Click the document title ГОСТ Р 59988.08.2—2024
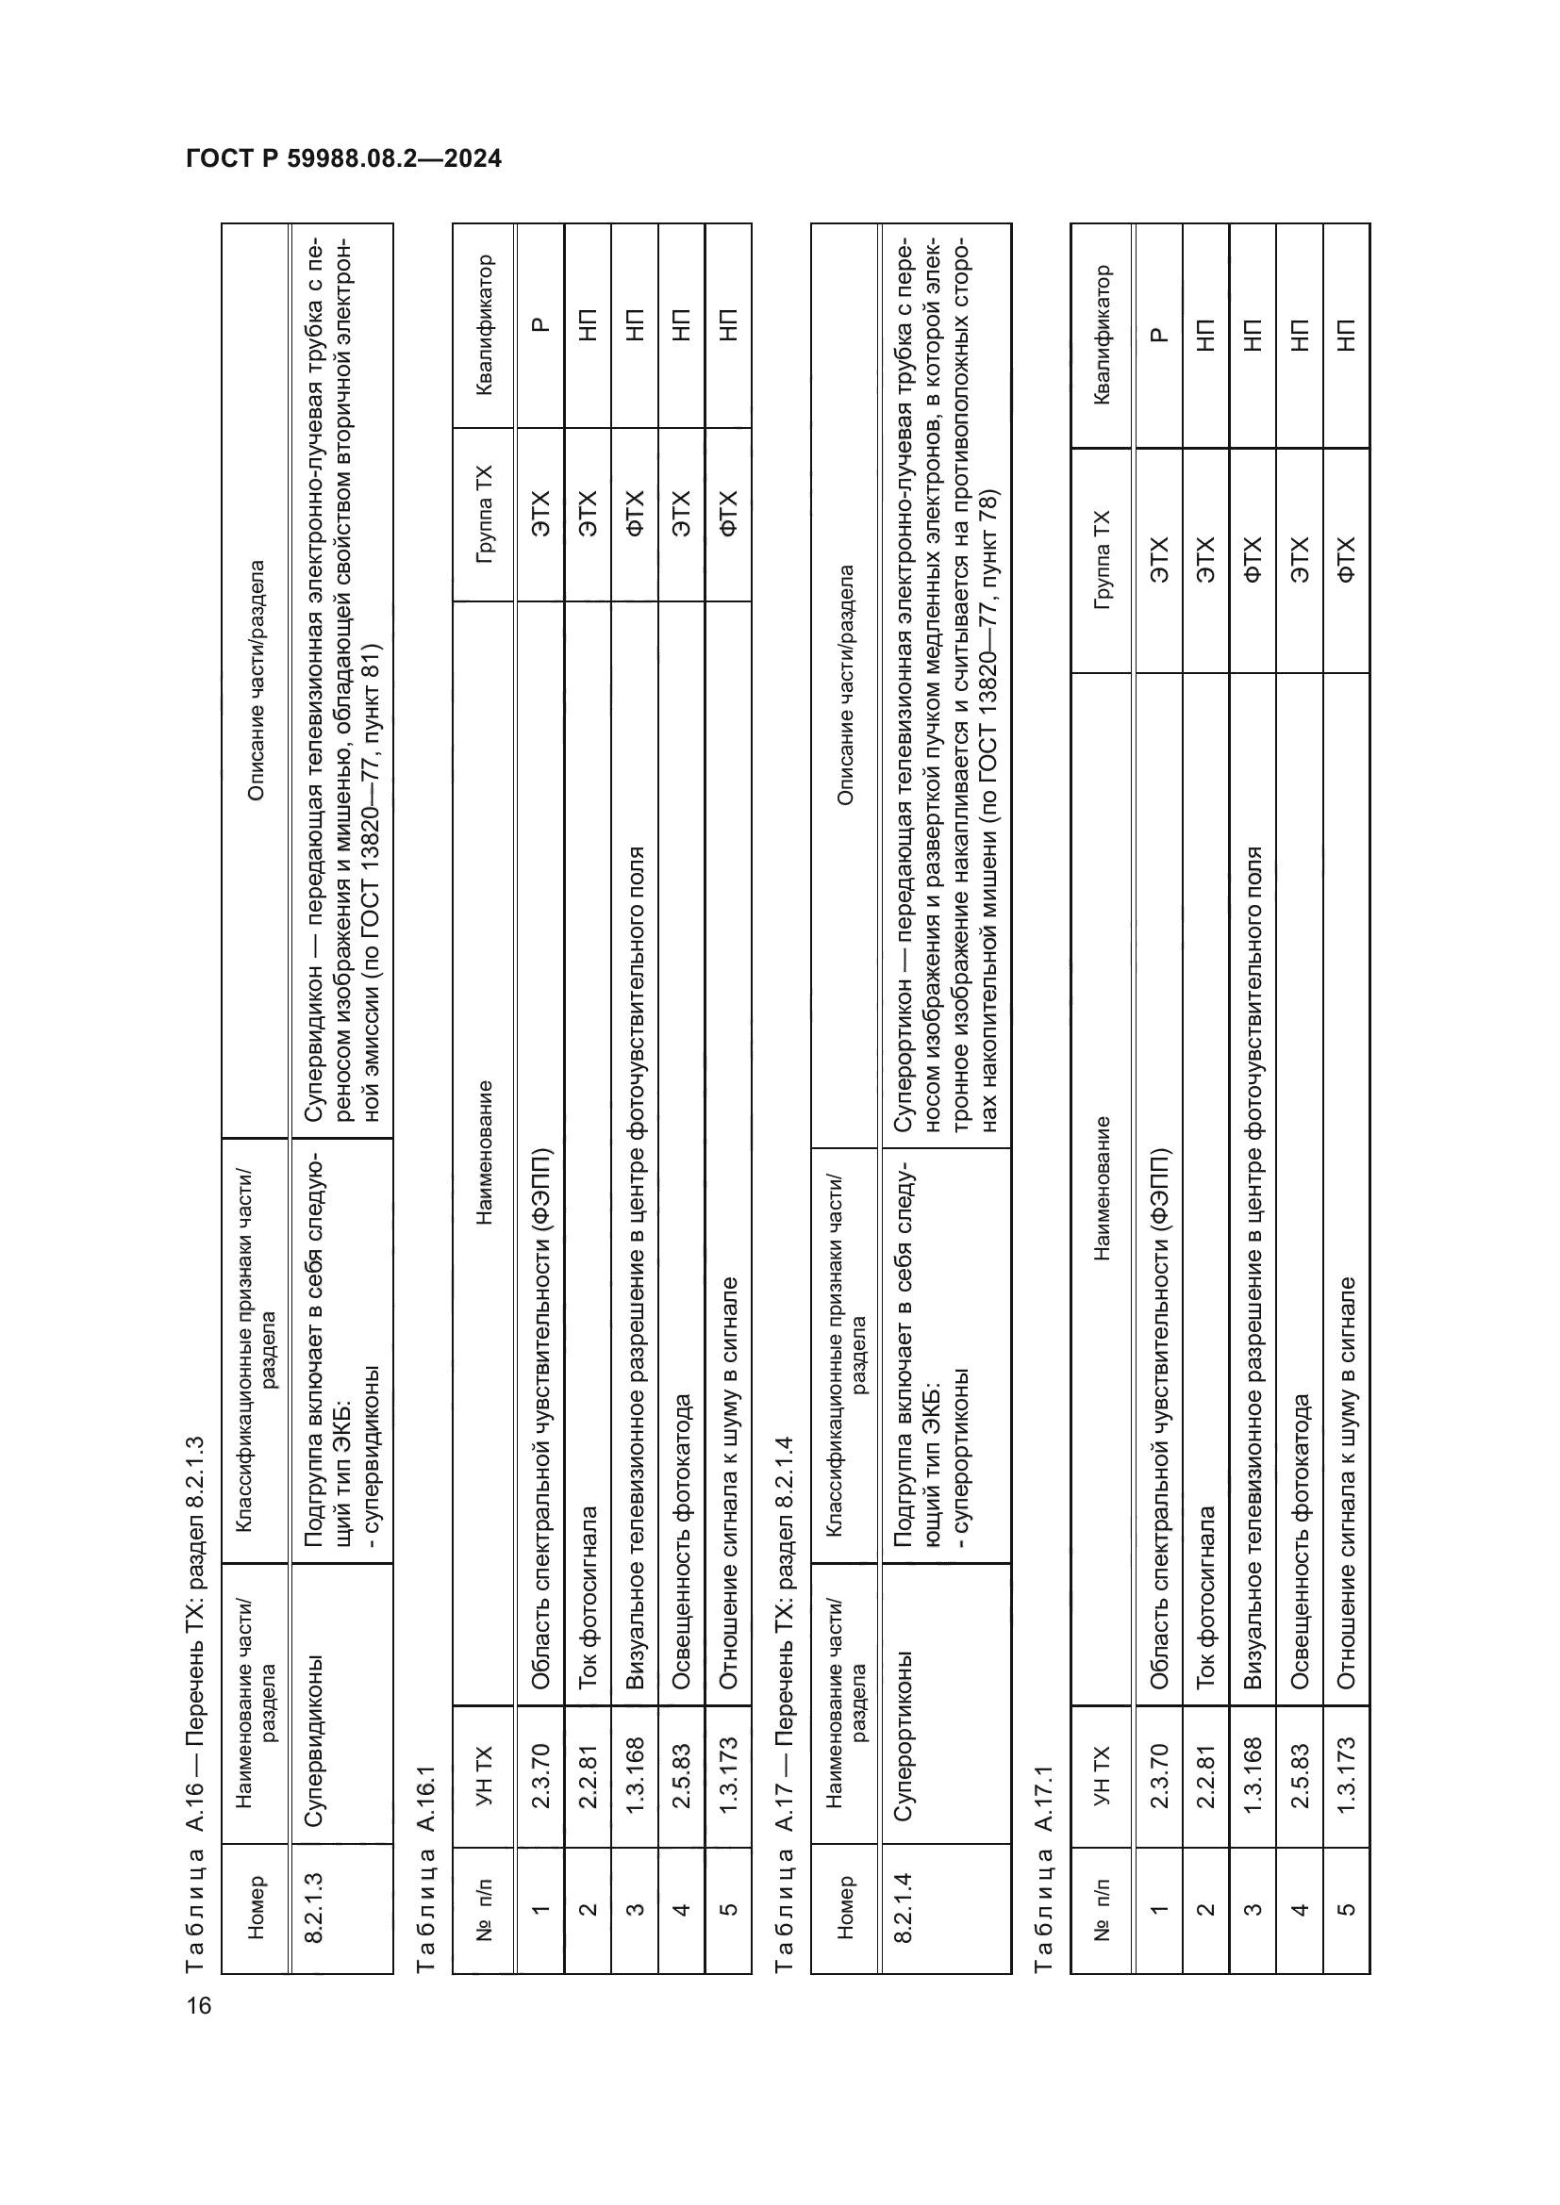point(344,158)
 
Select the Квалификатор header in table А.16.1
point(484,324)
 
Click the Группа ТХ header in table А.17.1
point(1102,560)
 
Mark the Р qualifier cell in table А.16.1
point(539,324)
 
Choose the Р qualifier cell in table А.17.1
point(1157,336)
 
